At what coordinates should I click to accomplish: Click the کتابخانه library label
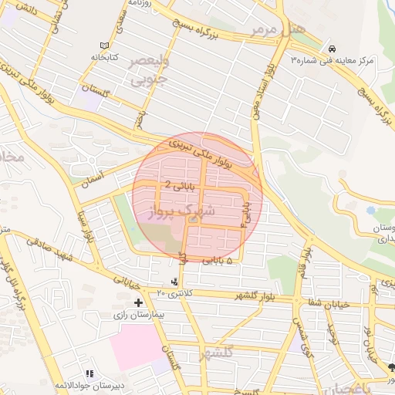coord(107,57)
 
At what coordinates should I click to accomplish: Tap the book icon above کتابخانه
coord(106,46)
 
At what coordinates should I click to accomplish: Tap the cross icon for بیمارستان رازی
coord(138,302)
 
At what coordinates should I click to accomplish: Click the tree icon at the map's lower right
coord(390,366)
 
